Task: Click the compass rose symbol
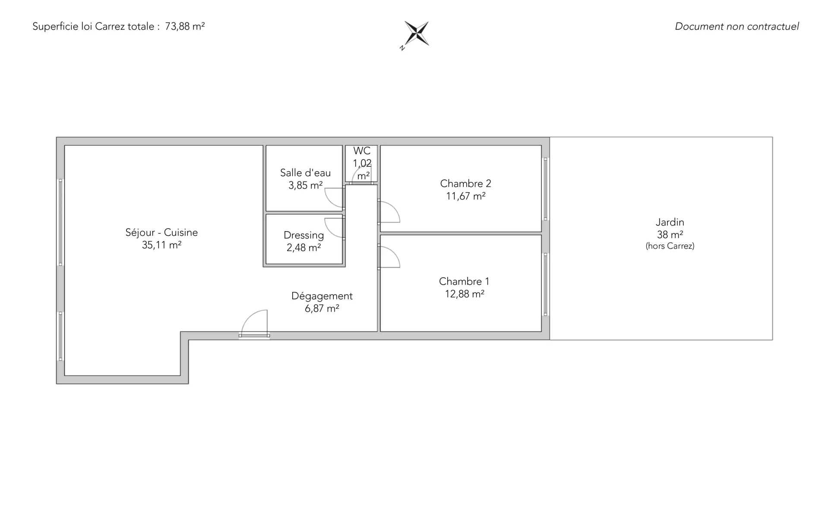pyautogui.click(x=417, y=33)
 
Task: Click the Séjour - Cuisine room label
pyautogui.click(x=161, y=232)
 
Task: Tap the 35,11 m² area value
pyautogui.click(x=161, y=245)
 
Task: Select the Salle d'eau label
pyautogui.click(x=305, y=173)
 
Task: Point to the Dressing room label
pyautogui.click(x=304, y=235)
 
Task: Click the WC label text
pyautogui.click(x=362, y=151)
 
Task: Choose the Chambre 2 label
pyautogui.click(x=465, y=184)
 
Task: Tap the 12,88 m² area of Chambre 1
pyautogui.click(x=465, y=294)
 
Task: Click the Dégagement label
pyautogui.click(x=322, y=296)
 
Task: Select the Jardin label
pyautogui.click(x=670, y=222)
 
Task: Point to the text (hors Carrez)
pyautogui.click(x=670, y=246)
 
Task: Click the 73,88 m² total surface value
pyautogui.click(x=185, y=26)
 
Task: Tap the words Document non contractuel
pyautogui.click(x=737, y=26)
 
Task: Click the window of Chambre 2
pyautogui.click(x=546, y=189)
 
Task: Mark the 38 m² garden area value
pyautogui.click(x=670, y=235)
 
